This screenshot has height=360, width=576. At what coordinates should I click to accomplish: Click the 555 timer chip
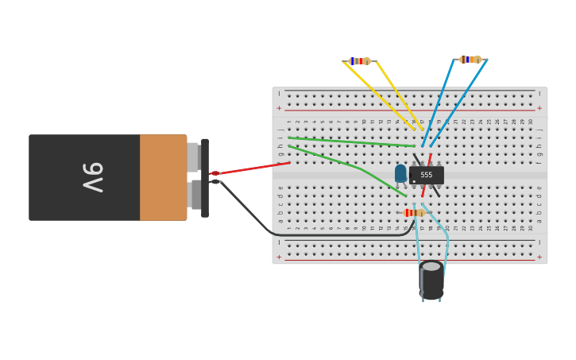click(x=427, y=175)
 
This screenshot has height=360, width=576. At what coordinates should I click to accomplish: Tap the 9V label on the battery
click(x=93, y=177)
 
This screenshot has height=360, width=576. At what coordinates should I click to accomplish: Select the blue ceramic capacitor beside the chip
click(x=400, y=173)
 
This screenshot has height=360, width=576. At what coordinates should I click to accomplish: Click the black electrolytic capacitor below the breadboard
click(x=431, y=283)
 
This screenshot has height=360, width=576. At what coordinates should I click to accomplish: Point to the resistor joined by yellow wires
click(x=360, y=61)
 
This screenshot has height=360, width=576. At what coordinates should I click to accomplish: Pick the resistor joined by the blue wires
click(x=470, y=60)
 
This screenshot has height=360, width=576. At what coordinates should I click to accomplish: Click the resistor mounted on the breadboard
click(x=414, y=213)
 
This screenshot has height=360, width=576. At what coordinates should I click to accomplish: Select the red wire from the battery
click(x=250, y=168)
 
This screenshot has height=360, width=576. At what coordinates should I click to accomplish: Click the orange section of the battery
click(x=163, y=177)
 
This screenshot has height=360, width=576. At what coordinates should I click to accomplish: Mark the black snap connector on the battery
click(x=205, y=177)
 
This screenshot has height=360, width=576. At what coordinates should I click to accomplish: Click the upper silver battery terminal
click(x=192, y=157)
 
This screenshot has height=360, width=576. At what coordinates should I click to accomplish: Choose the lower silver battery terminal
click(x=195, y=195)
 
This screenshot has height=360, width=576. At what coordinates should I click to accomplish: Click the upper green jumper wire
click(x=350, y=141)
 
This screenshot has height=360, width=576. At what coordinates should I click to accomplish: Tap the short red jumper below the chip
click(x=424, y=191)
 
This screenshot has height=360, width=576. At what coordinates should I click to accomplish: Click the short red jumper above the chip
click(x=430, y=159)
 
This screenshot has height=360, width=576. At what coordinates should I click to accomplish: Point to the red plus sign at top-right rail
click(x=539, y=108)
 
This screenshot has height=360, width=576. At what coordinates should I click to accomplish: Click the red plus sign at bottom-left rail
click(x=279, y=257)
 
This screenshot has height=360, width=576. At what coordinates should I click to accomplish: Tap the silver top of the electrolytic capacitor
click(x=431, y=266)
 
